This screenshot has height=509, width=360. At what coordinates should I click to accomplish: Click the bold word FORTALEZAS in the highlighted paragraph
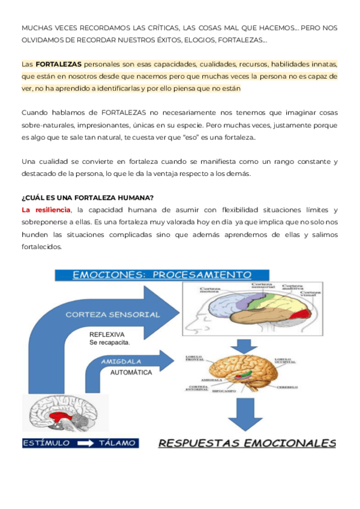58,64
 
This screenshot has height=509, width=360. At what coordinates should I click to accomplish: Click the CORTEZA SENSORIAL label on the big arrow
113,314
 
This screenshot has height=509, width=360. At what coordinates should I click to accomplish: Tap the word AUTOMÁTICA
131,373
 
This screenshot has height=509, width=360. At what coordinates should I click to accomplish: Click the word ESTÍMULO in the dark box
46,443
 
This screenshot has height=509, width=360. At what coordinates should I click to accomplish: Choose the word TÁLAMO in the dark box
116,443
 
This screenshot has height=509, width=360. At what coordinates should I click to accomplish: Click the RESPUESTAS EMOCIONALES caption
247,444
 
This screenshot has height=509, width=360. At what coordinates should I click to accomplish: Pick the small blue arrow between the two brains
247,345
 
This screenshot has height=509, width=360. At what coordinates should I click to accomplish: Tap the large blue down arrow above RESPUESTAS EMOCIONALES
247,414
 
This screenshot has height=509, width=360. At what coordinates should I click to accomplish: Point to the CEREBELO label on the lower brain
287,387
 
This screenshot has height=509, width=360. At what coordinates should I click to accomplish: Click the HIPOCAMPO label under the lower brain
223,391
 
